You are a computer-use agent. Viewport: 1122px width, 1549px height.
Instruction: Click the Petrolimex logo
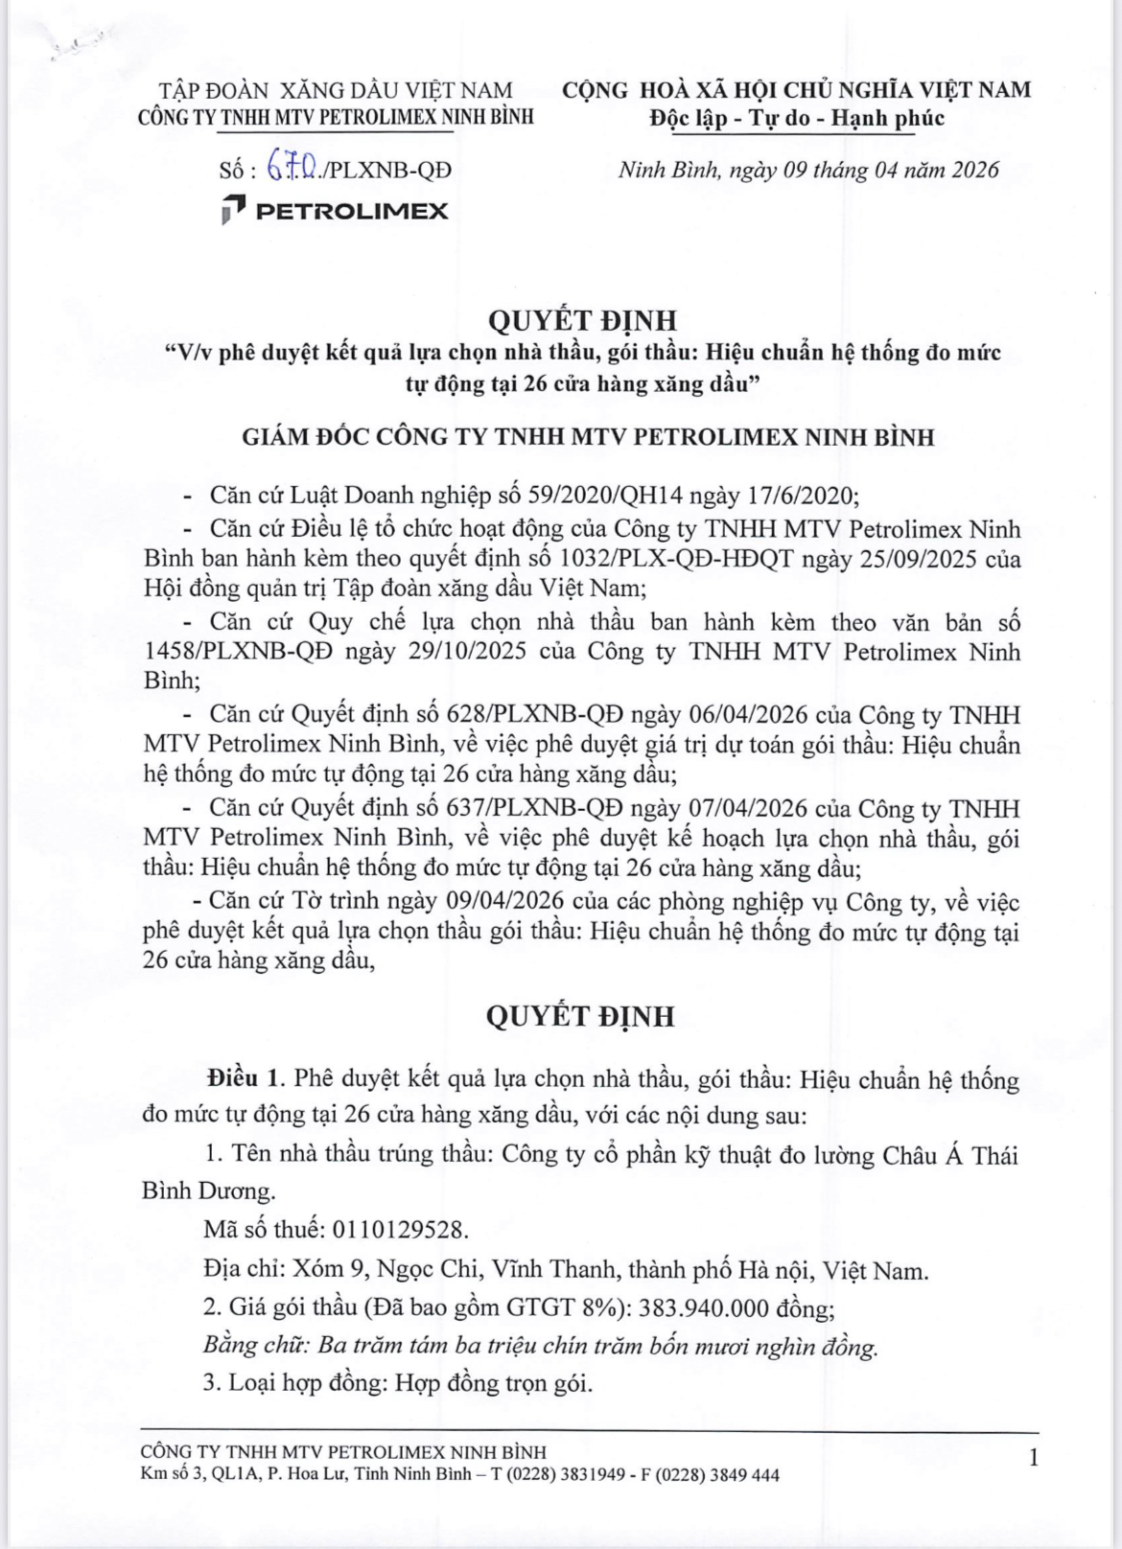pos(334,211)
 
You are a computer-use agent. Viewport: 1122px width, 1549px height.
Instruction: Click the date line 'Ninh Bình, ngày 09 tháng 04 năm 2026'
pos(807,171)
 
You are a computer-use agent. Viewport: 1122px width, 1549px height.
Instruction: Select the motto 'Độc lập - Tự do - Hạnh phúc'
pos(796,118)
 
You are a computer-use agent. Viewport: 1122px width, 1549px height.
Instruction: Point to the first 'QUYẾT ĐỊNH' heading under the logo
pos(581,319)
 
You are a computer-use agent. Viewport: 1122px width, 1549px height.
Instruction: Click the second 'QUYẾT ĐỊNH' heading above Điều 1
pos(581,1016)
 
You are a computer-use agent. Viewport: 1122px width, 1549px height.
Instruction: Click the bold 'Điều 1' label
pos(243,1079)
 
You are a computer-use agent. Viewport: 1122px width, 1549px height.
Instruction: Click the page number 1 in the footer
pos(1033,1459)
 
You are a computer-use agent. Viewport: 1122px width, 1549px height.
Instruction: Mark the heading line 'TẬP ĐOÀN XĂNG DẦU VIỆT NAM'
pos(336,91)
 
